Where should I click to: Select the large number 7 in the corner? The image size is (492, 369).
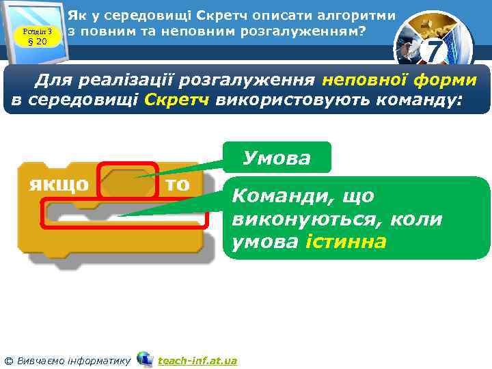coord(434,50)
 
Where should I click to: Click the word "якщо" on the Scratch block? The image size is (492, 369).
coord(59,184)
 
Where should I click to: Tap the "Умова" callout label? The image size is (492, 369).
coord(277,159)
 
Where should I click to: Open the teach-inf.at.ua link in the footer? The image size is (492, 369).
coord(197,360)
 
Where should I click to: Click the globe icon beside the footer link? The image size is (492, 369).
coord(144,359)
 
